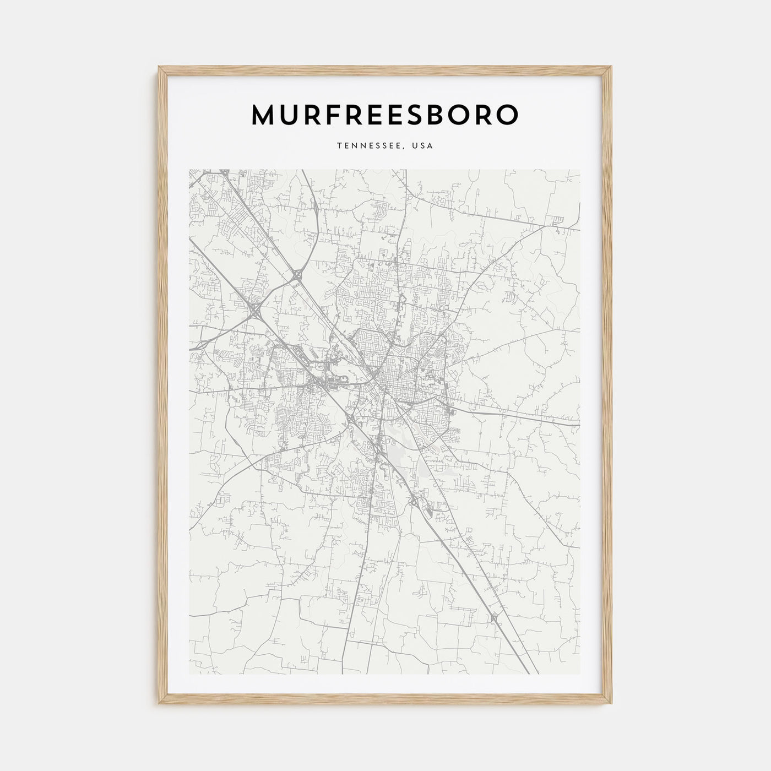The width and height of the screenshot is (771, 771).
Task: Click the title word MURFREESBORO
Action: [x=385, y=115]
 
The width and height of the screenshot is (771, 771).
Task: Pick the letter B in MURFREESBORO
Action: [x=449, y=115]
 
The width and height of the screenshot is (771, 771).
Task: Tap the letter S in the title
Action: [x=424, y=115]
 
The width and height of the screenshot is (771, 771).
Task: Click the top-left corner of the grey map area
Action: [x=189, y=170]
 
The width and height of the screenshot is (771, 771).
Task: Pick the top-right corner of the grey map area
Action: [x=580, y=170]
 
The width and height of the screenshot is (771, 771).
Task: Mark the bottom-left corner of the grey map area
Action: [x=189, y=675]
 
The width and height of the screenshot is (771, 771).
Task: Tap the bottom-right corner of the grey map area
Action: [x=580, y=675]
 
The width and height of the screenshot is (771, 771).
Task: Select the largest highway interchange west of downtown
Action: [x=256, y=312]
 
